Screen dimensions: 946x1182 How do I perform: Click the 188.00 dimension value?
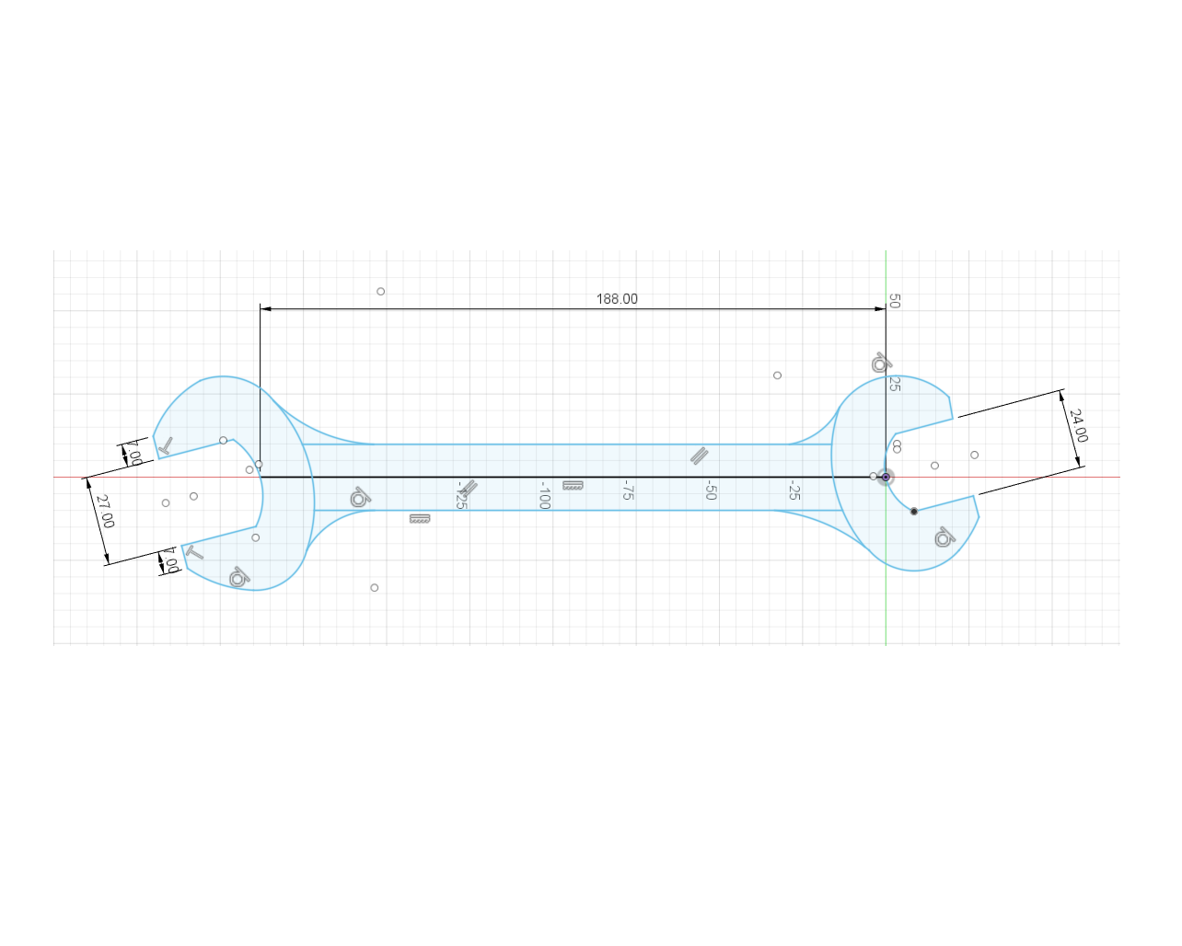617,299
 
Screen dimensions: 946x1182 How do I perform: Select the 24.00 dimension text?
1078,426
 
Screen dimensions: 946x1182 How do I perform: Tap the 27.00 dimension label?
105,511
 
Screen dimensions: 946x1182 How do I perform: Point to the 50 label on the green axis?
894,301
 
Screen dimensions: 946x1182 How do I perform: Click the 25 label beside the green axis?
894,384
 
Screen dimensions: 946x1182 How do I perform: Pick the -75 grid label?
627,490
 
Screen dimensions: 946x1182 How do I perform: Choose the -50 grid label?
711,490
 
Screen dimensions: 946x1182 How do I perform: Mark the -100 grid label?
544,494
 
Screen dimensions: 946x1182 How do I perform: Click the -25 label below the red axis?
794,490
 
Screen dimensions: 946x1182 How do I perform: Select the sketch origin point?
886,477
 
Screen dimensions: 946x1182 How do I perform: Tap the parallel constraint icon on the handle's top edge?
700,456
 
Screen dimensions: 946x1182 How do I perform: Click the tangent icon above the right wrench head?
881,363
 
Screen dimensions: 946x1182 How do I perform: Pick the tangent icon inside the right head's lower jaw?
944,537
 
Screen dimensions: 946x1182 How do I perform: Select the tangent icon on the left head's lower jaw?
238,577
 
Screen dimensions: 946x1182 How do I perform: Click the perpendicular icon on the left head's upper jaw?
166,446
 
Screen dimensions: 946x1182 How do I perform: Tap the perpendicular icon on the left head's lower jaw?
194,552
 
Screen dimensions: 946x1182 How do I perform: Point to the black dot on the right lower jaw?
914,511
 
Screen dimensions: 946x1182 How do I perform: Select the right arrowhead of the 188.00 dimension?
880,309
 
